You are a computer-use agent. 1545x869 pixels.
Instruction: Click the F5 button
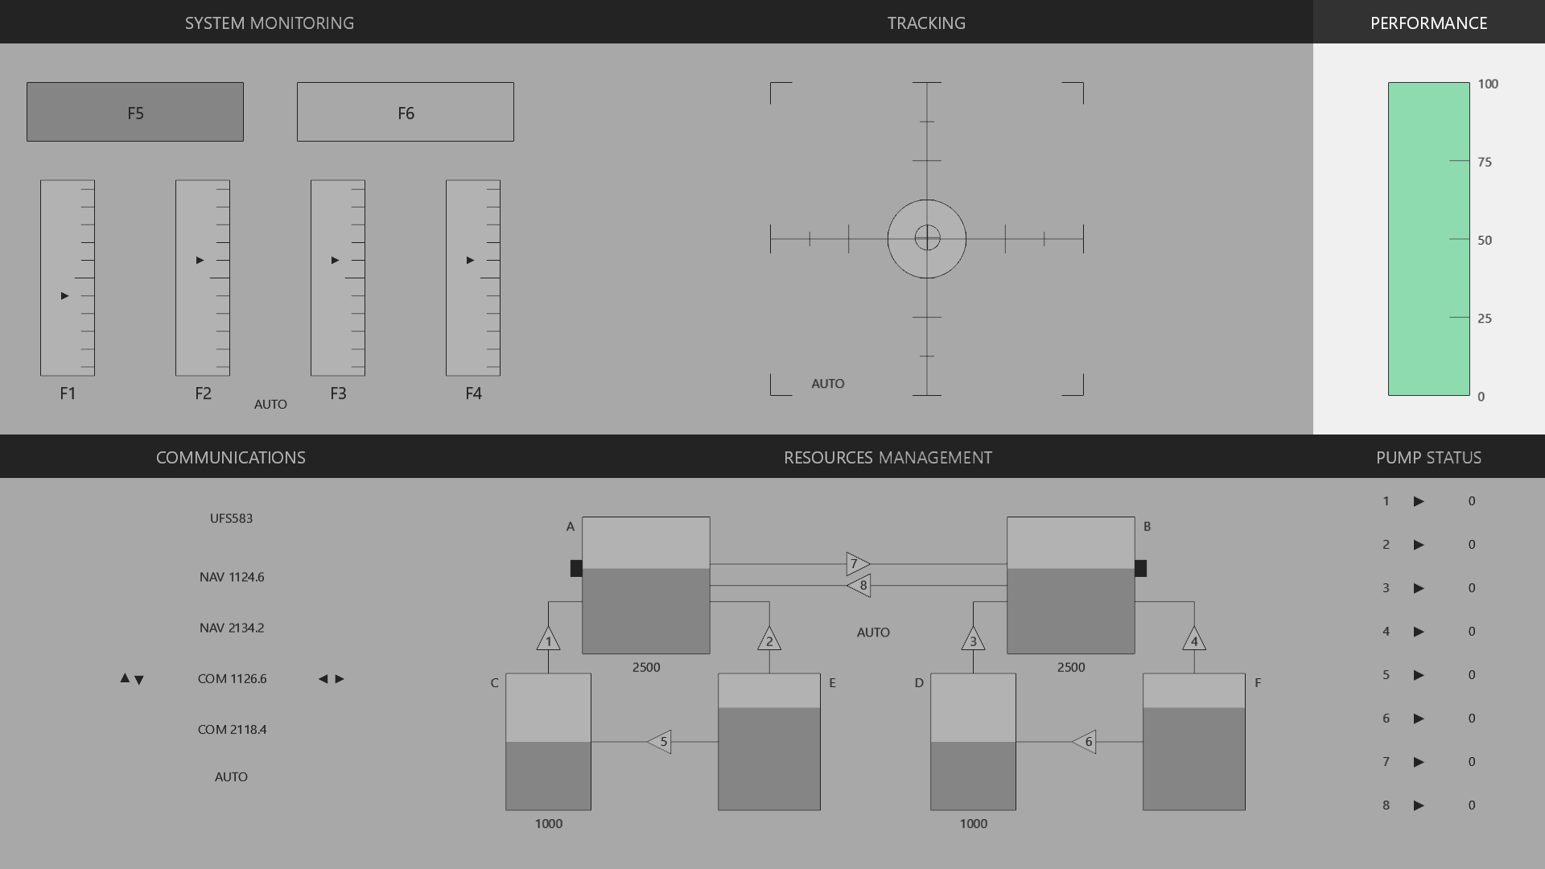[135, 112]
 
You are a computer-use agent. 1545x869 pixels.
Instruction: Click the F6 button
[406, 112]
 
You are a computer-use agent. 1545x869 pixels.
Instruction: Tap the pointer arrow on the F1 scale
[64, 296]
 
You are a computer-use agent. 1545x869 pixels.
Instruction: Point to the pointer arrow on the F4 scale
[470, 260]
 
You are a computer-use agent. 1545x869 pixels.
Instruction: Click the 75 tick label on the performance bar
[1485, 162]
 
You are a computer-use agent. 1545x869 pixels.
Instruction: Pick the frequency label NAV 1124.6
[232, 577]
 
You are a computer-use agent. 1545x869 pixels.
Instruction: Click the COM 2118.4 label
[232, 729]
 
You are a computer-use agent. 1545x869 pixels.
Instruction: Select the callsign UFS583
[232, 518]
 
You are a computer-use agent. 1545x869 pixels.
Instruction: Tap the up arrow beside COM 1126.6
[125, 678]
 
